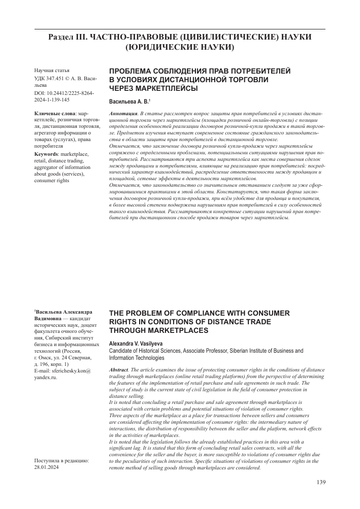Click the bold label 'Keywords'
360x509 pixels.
click(46, 154)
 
